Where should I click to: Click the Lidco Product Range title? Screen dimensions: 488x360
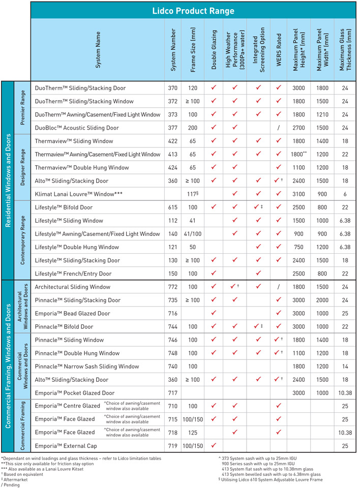(x=193, y=11)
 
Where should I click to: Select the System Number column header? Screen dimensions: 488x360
(x=173, y=50)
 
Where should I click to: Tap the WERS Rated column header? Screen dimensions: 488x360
(x=279, y=50)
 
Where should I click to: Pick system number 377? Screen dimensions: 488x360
(x=172, y=128)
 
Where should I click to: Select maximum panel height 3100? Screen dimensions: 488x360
(x=298, y=194)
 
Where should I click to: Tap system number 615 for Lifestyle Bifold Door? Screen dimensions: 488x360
(x=172, y=207)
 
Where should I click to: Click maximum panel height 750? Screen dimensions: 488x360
(x=298, y=247)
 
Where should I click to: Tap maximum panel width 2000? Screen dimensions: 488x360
(x=322, y=300)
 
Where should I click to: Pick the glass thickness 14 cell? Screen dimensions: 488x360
(x=345, y=367)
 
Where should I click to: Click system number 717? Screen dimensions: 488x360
(x=172, y=393)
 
